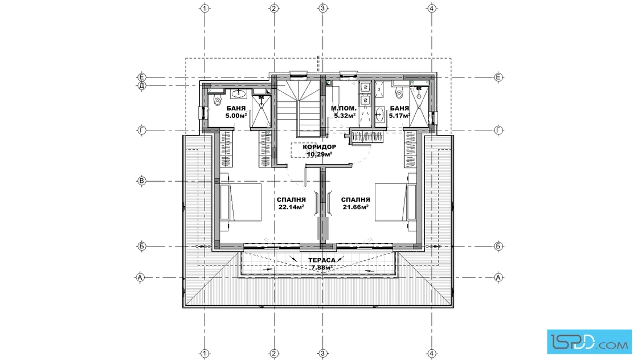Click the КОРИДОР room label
pos(320,147)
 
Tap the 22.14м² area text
pos(291,207)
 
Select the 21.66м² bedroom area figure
pos(355,207)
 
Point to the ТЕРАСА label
pos(322,260)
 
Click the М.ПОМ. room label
pos(344,108)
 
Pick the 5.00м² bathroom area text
pos(236,116)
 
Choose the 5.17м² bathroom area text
pos(399,116)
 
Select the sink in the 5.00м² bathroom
pos(239,94)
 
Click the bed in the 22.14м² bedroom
pos(240,202)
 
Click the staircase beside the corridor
pos(298,109)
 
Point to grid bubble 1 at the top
pos(205,8)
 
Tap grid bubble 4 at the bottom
pos(432,353)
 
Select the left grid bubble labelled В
pos(142,181)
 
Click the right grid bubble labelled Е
pos(498,77)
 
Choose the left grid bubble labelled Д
pos(142,86)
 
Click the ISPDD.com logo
pos(589,341)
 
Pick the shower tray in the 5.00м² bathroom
pos(260,111)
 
